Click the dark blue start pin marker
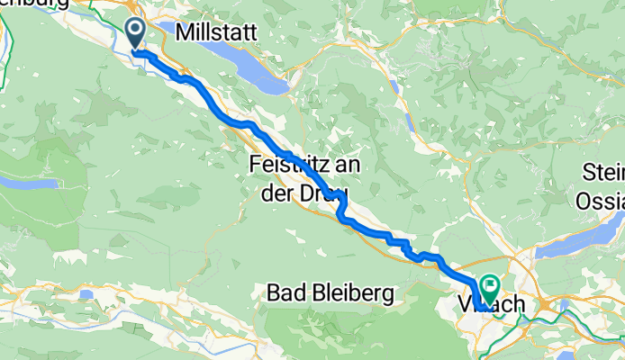(x=136, y=34)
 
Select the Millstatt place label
(x=218, y=32)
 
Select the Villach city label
(x=491, y=306)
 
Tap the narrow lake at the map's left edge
(x=27, y=183)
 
